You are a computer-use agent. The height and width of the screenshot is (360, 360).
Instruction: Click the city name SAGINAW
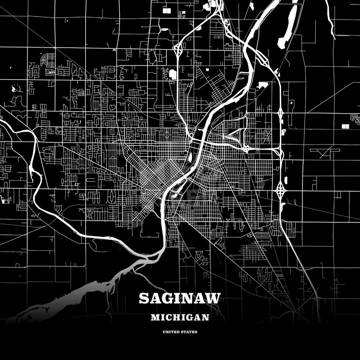pos(180,299)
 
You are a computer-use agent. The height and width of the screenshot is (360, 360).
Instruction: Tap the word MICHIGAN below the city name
pos(180,318)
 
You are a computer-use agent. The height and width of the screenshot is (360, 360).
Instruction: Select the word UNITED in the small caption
pos(170,332)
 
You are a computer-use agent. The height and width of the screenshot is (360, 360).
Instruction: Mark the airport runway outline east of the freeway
pos(324,152)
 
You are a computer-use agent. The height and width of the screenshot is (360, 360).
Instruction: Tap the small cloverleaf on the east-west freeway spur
pos(247,148)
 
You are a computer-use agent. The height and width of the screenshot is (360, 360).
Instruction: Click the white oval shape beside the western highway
pos(173,74)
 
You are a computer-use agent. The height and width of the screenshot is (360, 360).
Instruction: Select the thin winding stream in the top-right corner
pos(330,20)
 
